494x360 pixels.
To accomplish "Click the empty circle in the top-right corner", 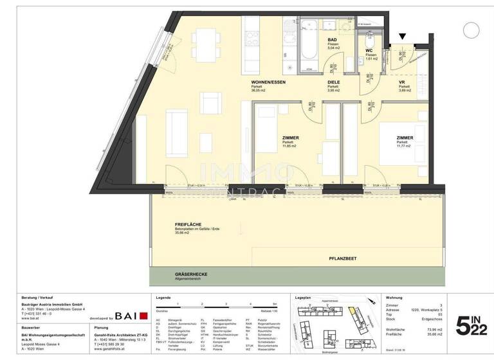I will tap(471, 29).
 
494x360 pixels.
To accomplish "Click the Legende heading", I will tap(163, 298).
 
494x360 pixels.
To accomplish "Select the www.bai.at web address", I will tap(30, 318).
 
